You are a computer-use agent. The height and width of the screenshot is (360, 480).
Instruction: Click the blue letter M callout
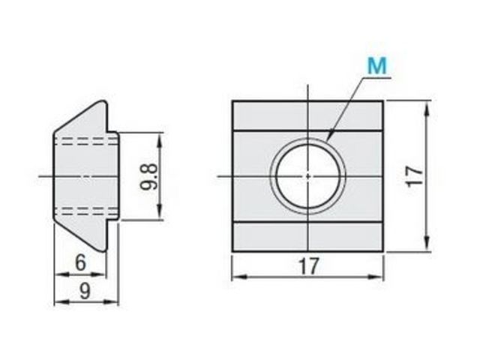point(377,66)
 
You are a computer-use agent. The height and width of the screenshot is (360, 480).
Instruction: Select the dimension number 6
point(80,262)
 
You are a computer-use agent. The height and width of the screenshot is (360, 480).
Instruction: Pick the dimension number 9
point(85,291)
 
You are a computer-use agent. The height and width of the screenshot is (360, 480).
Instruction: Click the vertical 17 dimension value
point(415,176)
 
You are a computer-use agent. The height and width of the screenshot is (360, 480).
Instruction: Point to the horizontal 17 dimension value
point(308,266)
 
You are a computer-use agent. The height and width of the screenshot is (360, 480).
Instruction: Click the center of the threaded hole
point(308,176)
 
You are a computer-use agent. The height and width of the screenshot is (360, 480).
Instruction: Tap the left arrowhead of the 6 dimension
point(61,274)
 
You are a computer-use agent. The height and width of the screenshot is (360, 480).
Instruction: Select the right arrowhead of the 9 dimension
point(112,302)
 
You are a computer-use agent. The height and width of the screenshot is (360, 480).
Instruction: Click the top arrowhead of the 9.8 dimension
point(159,139)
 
